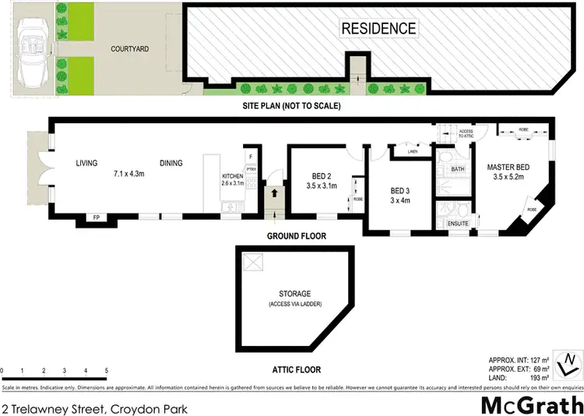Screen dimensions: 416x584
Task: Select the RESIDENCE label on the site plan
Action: (x=378, y=29)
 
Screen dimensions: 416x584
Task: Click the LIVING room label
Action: (x=86, y=163)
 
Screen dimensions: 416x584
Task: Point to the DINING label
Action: (x=171, y=163)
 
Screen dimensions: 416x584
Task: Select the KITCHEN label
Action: (x=233, y=176)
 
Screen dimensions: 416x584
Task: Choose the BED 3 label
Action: (x=400, y=191)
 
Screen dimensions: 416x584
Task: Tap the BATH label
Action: (x=457, y=168)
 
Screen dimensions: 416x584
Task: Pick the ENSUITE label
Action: (x=458, y=224)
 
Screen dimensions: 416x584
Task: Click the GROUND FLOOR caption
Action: (x=297, y=236)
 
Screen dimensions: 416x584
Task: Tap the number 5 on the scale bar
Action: (x=106, y=370)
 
